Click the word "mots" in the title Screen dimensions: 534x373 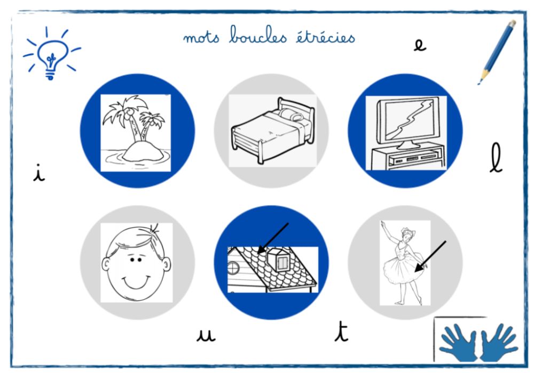coord(201,37)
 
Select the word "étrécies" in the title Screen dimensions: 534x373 coord(325,36)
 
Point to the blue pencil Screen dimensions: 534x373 coord(497,52)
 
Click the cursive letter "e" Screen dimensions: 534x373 coord(420,45)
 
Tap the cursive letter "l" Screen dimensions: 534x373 coord(496,157)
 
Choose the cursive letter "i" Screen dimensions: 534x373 coord(39,173)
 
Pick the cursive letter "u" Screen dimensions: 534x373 coord(206,335)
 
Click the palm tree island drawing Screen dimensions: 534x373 coord(136,133)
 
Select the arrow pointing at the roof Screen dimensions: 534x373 coord(273,238)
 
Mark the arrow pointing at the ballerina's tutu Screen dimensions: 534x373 coord(430,256)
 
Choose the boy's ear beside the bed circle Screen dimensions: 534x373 coord(167,264)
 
